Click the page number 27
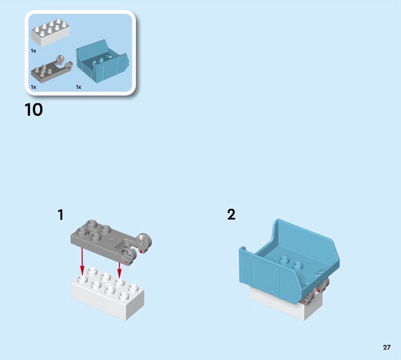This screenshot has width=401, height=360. coord(386,347)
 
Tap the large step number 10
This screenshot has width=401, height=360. coord(34,110)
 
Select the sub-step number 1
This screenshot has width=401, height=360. coord(61,215)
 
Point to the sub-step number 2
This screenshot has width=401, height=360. coord(231,215)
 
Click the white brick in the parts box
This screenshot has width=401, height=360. coord(51,33)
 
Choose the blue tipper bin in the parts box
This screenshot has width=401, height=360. coord(102,61)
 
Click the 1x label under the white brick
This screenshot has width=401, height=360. coord(33,51)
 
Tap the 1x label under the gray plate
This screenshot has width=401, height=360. coord(33,87)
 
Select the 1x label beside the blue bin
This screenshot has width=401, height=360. coord(79,87)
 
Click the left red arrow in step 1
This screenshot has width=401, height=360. coord(82,261)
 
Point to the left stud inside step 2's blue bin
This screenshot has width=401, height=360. coord(284,260)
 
